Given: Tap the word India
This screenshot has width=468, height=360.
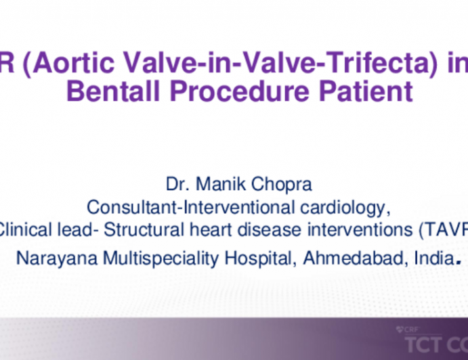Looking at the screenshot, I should [x=430, y=258].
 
